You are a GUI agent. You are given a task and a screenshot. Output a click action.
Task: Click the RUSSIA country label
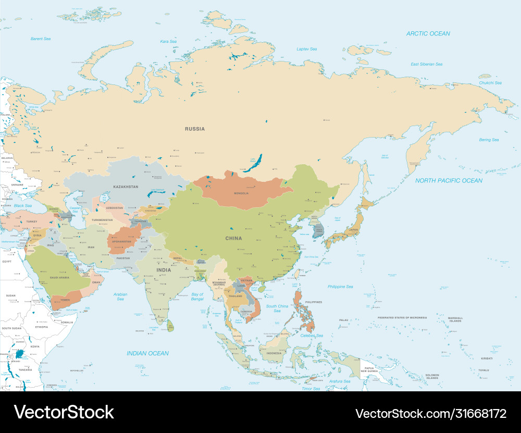click(195, 129)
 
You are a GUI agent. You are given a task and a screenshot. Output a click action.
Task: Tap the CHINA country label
click(233, 238)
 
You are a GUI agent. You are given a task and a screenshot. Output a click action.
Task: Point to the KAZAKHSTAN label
click(126, 186)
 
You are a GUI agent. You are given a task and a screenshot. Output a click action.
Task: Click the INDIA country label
click(164, 270)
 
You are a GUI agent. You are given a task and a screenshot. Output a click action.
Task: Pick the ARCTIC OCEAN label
click(428, 33)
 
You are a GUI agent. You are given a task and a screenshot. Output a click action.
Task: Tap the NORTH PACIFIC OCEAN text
click(449, 181)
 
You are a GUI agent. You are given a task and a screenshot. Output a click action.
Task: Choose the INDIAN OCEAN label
click(148, 353)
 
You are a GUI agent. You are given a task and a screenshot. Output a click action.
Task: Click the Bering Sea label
click(489, 140)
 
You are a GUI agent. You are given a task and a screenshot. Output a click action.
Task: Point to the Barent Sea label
click(40, 39)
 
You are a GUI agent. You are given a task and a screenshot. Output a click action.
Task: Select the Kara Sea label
click(168, 41)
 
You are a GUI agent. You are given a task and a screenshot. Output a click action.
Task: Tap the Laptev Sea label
click(306, 49)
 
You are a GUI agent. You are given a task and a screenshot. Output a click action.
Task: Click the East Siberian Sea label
click(426, 64)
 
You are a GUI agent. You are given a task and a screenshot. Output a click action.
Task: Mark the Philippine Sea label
click(340, 287)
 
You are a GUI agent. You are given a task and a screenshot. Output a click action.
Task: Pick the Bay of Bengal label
click(197, 296)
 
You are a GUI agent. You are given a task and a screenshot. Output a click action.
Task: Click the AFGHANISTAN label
click(122, 242)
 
